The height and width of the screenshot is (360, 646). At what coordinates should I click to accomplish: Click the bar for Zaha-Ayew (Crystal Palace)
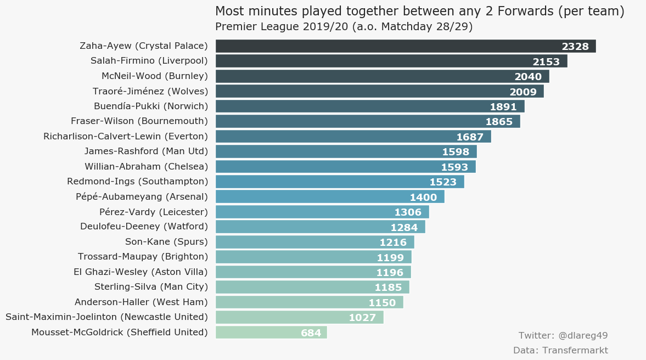coord(384,46)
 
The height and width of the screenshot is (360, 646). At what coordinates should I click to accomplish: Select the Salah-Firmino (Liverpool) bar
coord(373,61)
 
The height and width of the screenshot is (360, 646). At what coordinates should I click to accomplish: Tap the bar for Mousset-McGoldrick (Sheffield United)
coord(258,333)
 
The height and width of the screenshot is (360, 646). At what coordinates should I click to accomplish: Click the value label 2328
coord(575,47)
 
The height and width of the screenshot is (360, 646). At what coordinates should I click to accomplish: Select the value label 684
coord(311,333)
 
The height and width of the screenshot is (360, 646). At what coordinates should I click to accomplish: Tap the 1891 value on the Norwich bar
coord(503,107)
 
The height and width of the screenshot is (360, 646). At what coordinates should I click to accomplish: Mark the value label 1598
coord(456,152)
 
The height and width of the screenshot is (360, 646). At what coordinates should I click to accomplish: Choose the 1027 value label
coord(362,318)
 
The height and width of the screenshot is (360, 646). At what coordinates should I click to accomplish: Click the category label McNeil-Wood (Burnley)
coord(155,76)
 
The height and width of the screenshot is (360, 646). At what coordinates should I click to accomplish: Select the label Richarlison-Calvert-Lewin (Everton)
coord(126,136)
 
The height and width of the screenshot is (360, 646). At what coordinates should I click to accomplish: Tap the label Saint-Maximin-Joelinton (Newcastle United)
coord(106,317)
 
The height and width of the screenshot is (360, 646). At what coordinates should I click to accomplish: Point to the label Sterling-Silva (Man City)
coord(151,286)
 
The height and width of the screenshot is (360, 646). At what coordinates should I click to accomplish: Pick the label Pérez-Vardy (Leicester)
coord(154,212)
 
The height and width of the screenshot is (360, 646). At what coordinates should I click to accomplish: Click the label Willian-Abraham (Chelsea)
coord(146,166)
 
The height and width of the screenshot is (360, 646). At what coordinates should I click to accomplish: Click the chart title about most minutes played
coord(419,12)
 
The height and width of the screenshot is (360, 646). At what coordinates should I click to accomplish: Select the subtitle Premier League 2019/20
coord(344,27)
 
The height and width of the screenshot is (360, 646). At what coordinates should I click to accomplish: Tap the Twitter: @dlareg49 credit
coord(563,335)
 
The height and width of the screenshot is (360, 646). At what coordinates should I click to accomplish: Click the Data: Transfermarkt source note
coord(560,350)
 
